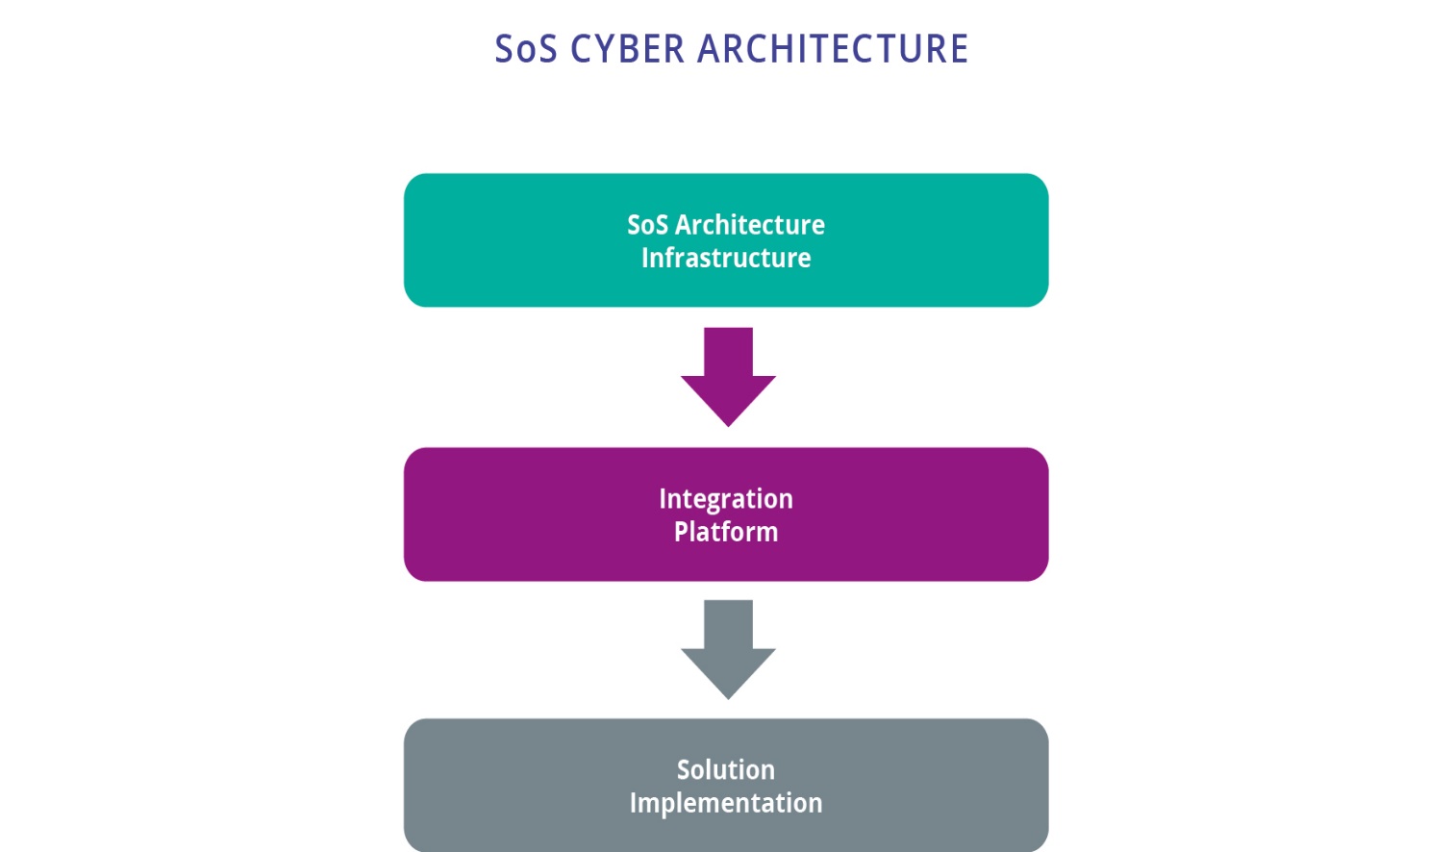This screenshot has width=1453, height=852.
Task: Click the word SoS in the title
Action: coord(525,49)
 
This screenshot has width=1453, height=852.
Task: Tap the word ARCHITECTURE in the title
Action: coord(833,49)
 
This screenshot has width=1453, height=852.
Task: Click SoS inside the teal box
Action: coord(647,225)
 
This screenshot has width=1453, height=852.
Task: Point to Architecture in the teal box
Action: coord(750,225)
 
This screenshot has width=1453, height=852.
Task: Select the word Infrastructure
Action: coord(726,258)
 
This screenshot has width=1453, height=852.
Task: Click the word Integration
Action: coord(726,499)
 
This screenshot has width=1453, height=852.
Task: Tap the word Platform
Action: coord(726,532)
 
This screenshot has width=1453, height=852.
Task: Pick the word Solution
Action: coord(726,769)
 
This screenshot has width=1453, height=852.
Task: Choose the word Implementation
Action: coord(726,803)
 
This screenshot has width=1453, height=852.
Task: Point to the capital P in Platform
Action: coord(681,532)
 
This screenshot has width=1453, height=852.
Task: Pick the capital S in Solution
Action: coord(684,769)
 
